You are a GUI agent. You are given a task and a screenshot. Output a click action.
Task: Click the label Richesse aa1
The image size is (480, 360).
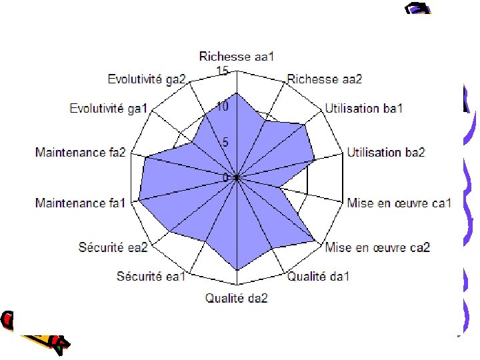pyautogui.click(x=237, y=57)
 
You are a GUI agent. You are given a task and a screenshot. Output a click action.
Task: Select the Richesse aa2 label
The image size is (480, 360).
pyautogui.click(x=325, y=79)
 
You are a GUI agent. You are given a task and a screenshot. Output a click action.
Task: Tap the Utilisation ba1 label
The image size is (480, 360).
pyautogui.click(x=364, y=109)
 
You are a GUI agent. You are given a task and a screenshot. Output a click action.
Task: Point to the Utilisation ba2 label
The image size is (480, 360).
pyautogui.click(x=386, y=153)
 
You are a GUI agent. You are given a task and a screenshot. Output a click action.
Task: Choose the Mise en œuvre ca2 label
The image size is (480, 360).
pyautogui.click(x=377, y=248)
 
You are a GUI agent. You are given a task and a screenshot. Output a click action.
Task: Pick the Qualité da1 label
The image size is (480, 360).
pyautogui.click(x=318, y=277)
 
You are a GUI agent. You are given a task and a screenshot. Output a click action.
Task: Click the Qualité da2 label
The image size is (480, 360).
pyautogui.click(x=237, y=299)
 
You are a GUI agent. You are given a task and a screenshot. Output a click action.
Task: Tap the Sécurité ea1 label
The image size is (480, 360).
pyautogui.click(x=151, y=277)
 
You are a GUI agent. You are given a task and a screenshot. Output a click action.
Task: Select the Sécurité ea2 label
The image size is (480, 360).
pyautogui.click(x=113, y=248)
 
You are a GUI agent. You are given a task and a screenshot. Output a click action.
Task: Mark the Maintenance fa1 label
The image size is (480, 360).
pyautogui.click(x=81, y=203)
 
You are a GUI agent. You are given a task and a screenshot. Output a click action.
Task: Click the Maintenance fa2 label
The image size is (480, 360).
pyautogui.click(x=81, y=153)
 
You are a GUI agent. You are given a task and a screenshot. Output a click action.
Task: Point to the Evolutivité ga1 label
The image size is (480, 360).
pyautogui.click(x=109, y=109)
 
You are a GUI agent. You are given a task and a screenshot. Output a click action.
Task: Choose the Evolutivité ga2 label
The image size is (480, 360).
pyautogui.click(x=147, y=79)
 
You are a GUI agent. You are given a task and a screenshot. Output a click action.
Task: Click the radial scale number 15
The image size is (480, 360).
pyautogui.click(x=223, y=71)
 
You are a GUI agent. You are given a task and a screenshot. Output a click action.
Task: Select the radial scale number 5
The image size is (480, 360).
pyautogui.click(x=225, y=142)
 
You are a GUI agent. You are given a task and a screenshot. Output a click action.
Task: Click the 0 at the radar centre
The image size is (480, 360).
pyautogui.click(x=226, y=177)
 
